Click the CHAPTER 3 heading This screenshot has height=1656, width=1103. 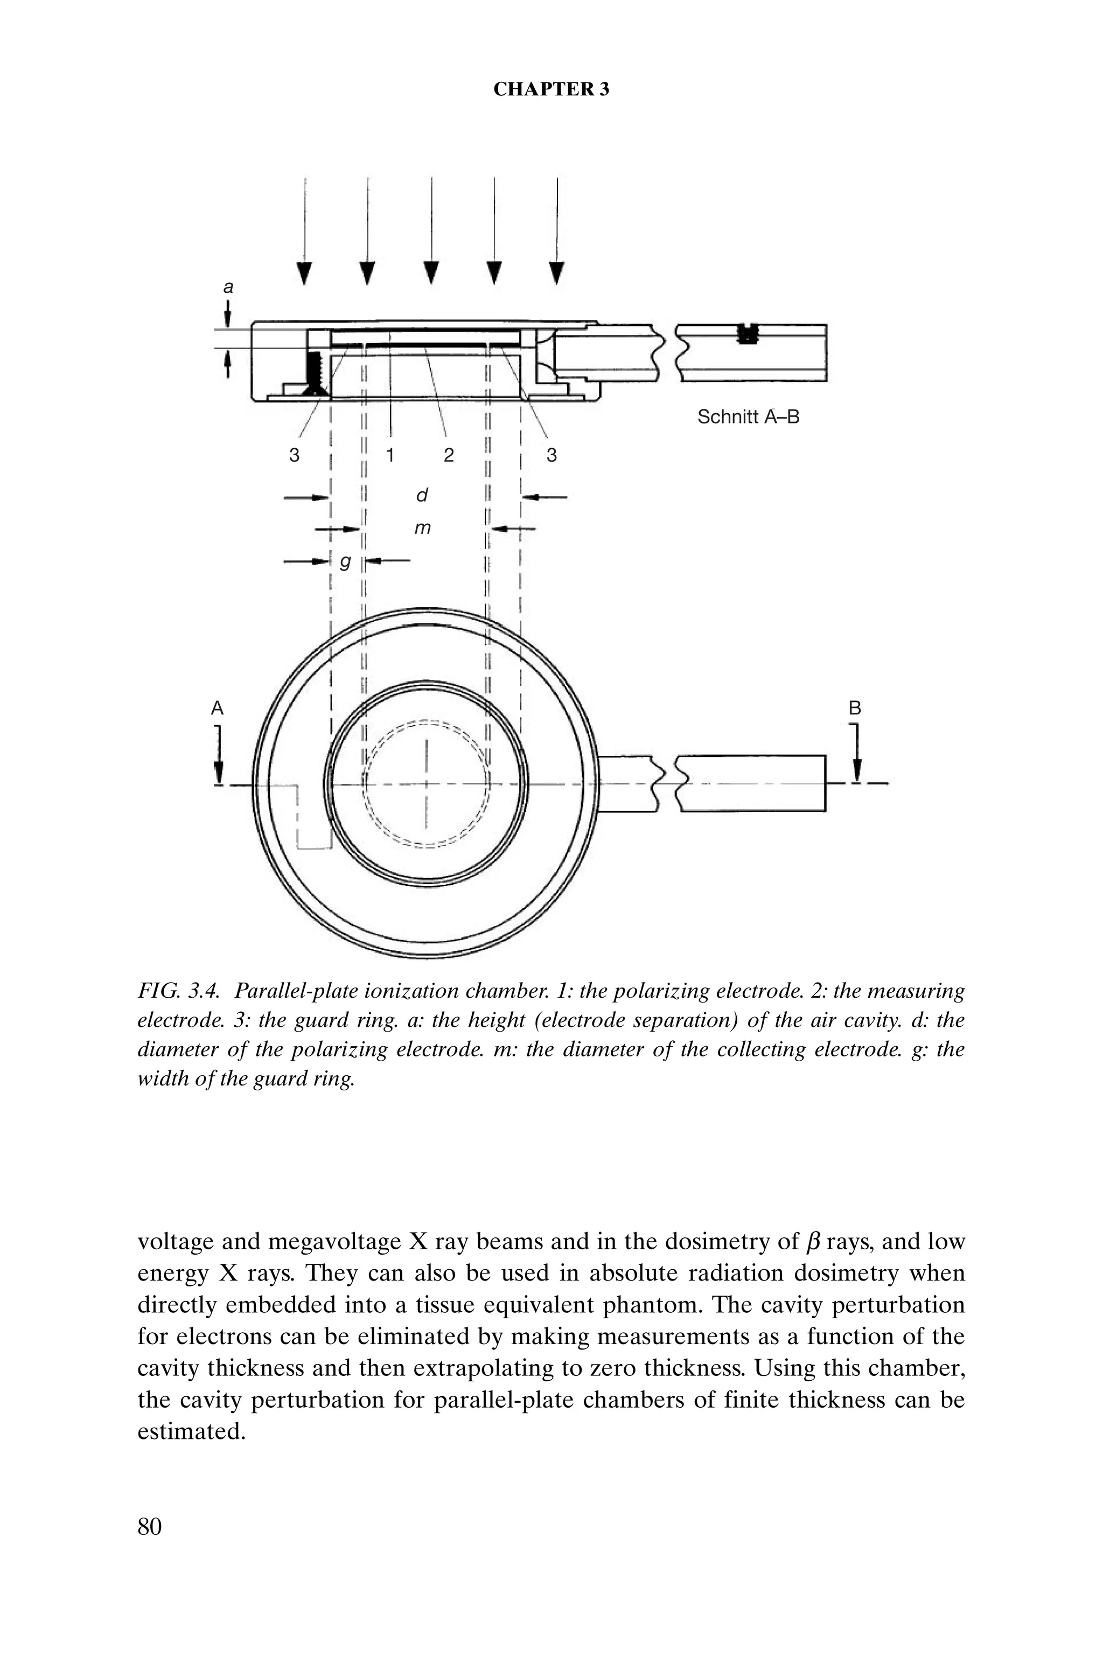[551, 89]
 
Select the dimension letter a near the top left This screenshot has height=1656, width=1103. [228, 287]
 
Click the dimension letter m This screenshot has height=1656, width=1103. [422, 527]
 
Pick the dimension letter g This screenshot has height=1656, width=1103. [345, 561]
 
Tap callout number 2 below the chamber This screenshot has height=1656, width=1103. [449, 455]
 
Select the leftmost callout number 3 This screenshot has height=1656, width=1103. [294, 455]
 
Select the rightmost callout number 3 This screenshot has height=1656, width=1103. [551, 455]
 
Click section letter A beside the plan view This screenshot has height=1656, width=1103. [218, 708]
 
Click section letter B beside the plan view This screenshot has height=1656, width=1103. [855, 708]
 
